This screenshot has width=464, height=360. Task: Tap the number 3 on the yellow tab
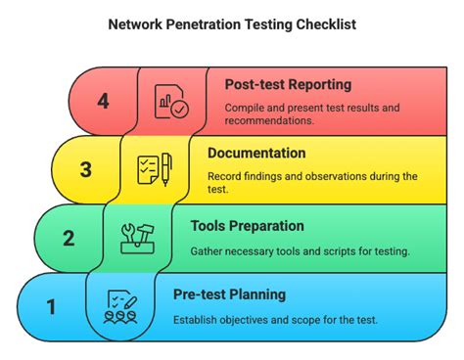(85, 169)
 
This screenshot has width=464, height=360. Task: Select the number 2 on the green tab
(69, 238)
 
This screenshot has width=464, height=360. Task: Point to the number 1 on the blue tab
(51, 306)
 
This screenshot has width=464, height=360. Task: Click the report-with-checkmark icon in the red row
(171, 101)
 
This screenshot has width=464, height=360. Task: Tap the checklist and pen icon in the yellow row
(154, 169)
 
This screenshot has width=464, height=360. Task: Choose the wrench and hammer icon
(136, 238)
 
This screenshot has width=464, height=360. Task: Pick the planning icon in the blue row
(119, 306)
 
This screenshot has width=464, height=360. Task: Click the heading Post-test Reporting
(288, 85)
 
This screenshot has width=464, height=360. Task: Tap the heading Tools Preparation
(247, 225)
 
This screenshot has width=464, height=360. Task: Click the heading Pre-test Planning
(230, 293)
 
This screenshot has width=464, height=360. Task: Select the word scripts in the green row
(328, 251)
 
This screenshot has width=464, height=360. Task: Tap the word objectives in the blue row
(252, 320)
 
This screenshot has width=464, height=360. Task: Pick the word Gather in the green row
(209, 251)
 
